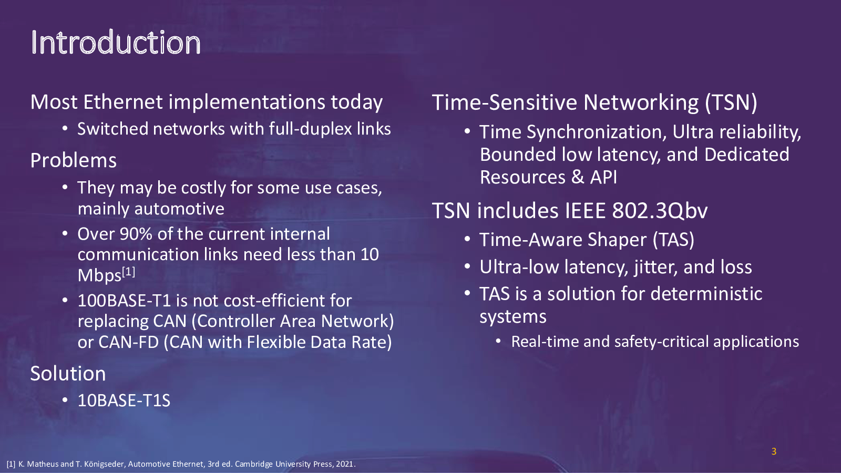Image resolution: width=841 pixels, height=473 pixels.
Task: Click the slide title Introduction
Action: [x=116, y=43]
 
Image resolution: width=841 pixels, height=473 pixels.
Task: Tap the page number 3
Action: [x=773, y=451]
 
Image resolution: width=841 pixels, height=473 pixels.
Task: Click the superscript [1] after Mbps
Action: [x=129, y=271]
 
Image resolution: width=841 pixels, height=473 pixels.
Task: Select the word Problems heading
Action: [x=73, y=161]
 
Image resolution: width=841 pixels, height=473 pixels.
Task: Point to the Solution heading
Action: [x=68, y=374]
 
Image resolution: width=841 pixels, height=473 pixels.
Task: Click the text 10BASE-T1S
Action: [x=124, y=400]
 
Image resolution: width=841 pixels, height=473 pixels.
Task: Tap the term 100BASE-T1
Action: [x=124, y=301]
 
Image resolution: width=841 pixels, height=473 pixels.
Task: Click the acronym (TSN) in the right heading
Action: [x=731, y=102]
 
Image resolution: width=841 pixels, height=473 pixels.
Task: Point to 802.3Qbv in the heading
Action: [x=660, y=211]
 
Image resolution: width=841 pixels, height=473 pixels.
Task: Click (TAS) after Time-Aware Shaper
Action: [x=673, y=240]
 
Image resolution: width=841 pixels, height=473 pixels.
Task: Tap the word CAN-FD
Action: [x=129, y=342]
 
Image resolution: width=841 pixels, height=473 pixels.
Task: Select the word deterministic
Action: [x=706, y=294]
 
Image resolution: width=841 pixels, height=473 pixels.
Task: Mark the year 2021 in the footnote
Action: [x=345, y=464]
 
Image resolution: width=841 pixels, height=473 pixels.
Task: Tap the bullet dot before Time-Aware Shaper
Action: [x=467, y=240]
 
